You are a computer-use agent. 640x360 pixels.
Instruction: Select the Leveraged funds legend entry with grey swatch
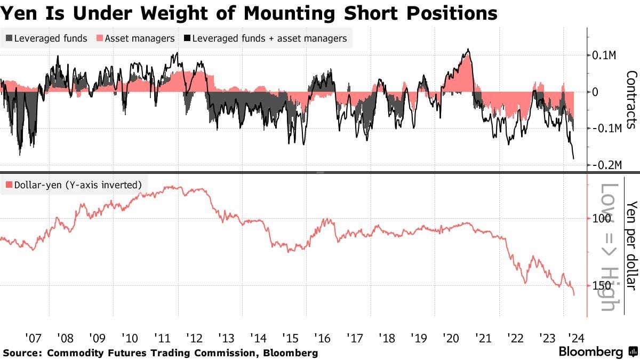pyautogui.click(x=46, y=38)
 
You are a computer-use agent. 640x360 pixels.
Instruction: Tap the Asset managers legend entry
pyautogui.click(x=135, y=38)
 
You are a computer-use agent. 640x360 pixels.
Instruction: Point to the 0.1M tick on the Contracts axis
pyautogui.click(x=604, y=55)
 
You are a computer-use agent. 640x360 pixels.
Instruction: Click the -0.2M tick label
pyautogui.click(x=605, y=165)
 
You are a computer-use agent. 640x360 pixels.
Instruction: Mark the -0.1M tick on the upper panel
pyautogui.click(x=605, y=129)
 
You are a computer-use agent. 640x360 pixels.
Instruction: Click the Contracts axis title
pyautogui.click(x=631, y=99)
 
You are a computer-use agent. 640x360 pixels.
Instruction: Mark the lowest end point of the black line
pyautogui.click(x=574, y=158)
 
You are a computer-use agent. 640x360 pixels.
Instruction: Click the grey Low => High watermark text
pyautogui.click(x=610, y=247)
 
